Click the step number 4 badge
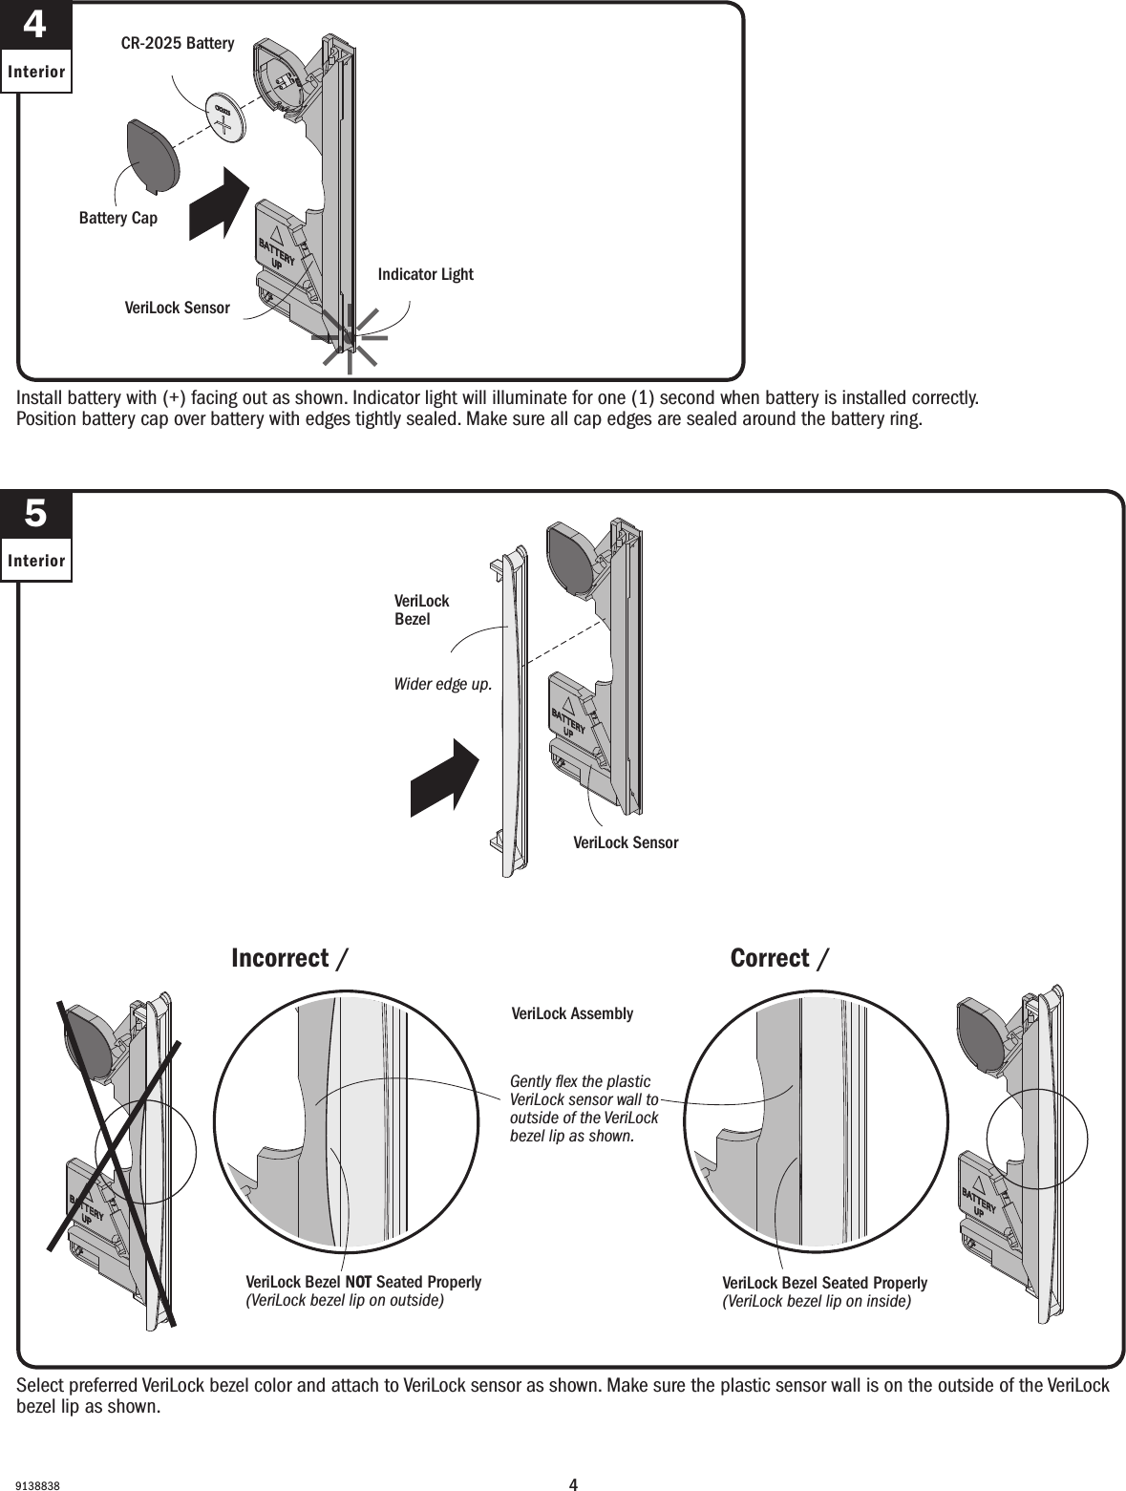[34, 27]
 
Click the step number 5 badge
[34, 515]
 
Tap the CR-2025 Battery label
[177, 43]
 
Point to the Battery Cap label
[117, 219]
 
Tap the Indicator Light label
[425, 275]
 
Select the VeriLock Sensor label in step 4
[178, 309]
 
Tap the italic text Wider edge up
[443, 684]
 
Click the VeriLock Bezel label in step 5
[421, 609]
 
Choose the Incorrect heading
[280, 958]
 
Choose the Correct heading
[770, 958]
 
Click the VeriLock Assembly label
[572, 1013]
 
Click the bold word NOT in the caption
[359, 1282]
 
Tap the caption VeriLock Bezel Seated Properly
[824, 1283]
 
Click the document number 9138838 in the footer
[39, 1486]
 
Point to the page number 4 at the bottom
[573, 1484]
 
